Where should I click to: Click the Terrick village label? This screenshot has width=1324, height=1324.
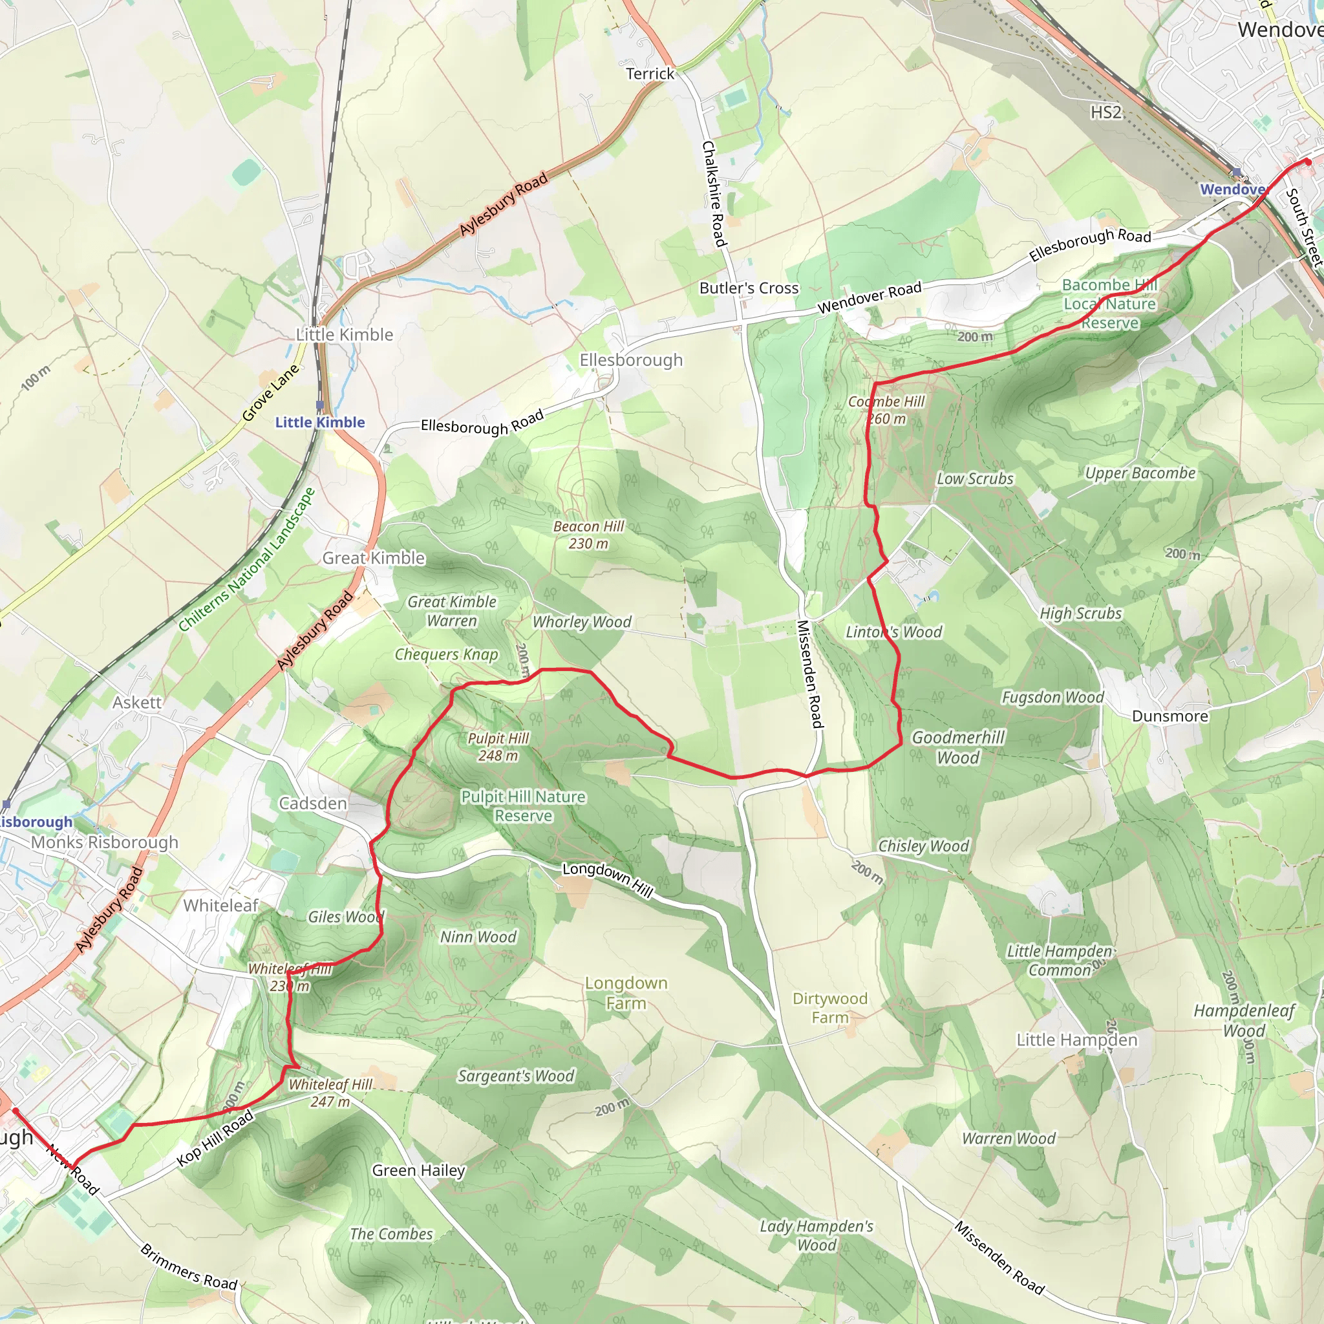[x=650, y=73]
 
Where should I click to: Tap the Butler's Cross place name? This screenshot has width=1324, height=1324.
[x=749, y=288]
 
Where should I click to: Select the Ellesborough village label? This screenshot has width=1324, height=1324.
[x=630, y=360]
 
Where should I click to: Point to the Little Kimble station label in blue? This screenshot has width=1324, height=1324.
[x=320, y=422]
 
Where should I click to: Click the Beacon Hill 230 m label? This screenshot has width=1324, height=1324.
[x=589, y=535]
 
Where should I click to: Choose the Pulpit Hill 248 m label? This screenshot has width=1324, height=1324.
[x=498, y=746]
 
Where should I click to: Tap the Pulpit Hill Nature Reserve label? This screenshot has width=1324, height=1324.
[x=523, y=806]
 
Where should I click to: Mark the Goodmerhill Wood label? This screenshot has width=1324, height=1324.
[x=958, y=747]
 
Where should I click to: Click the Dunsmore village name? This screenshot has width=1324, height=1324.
[x=1169, y=716]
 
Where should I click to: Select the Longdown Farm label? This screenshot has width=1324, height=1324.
[x=626, y=992]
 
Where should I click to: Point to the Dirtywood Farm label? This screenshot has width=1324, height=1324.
[x=830, y=1007]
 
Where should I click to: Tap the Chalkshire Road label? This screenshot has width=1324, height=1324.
[x=714, y=193]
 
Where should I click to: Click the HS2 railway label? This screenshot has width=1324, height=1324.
[x=1105, y=112]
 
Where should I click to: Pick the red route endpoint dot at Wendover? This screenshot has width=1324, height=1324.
[x=1308, y=162]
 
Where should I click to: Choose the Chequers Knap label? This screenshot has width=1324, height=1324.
[x=446, y=654]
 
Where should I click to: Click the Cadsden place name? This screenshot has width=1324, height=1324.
[x=312, y=803]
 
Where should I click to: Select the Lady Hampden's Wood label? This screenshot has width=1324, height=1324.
[x=817, y=1235]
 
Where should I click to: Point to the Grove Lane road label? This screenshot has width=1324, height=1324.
[x=271, y=392]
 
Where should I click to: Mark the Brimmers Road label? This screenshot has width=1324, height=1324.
[x=189, y=1267]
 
